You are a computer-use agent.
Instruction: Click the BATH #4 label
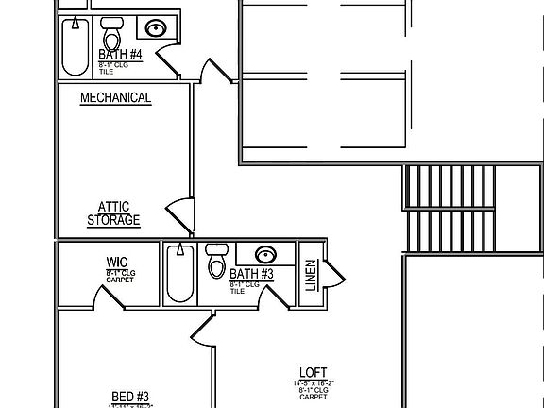(x=120, y=54)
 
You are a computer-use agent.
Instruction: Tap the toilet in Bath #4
(x=112, y=36)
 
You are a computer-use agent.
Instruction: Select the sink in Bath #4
(x=155, y=28)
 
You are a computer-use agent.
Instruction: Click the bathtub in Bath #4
(x=74, y=44)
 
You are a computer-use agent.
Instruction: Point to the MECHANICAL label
(x=115, y=97)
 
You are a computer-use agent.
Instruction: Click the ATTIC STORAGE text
(x=113, y=213)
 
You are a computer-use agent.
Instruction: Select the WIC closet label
(x=118, y=263)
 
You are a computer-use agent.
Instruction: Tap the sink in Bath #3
(x=266, y=254)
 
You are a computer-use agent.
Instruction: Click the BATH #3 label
(x=251, y=274)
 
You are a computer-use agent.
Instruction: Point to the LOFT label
(x=313, y=371)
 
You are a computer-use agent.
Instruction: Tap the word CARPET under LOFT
(x=313, y=397)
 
